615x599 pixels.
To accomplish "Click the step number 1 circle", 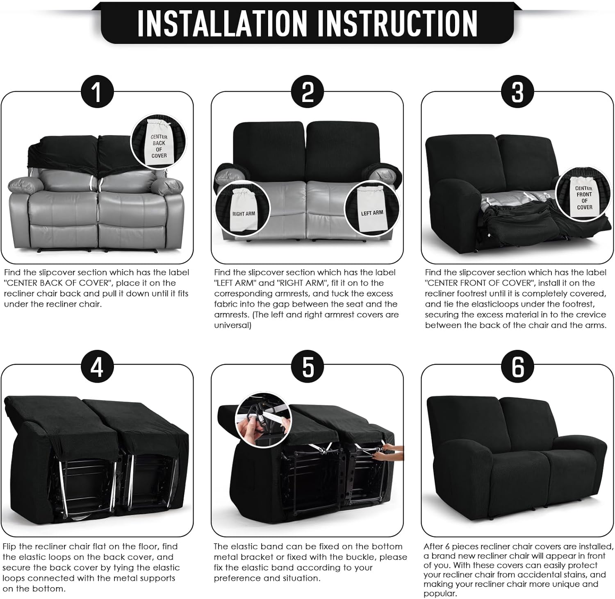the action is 97,91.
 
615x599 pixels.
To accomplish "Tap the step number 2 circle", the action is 307,91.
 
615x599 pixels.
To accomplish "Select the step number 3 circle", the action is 518,91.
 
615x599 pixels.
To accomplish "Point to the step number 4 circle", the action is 97,366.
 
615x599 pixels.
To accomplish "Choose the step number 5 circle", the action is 307,366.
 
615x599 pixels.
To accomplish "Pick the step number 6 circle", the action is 518,366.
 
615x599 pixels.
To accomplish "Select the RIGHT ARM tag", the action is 244,210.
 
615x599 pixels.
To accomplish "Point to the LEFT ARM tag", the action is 371,209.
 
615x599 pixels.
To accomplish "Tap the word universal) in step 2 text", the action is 232,325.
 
